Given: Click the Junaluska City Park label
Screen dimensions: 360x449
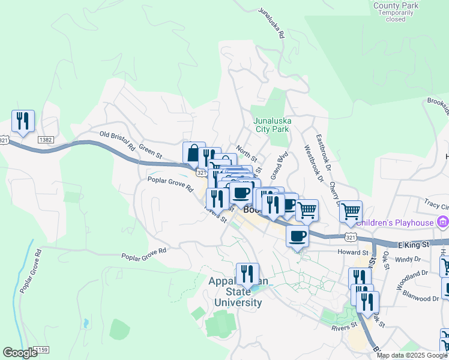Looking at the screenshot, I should (272, 124).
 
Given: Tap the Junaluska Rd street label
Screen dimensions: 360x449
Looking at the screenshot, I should (271, 23).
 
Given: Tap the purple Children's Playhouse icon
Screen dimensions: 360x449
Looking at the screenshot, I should (444, 223).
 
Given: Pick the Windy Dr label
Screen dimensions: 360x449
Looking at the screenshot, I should (408, 260).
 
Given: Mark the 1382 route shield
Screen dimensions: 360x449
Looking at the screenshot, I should (46, 139).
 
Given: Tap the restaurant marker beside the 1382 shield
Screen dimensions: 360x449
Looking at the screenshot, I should (23, 121).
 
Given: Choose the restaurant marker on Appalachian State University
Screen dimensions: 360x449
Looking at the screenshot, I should (247, 274).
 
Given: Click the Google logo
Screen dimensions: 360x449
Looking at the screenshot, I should (20, 353).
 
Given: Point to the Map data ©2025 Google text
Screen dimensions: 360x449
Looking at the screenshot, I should (412, 355).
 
